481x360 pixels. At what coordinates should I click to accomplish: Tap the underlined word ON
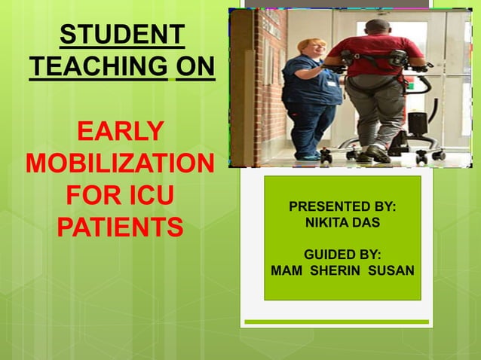coord(195,68)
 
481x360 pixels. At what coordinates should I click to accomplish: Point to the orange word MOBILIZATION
coord(120,163)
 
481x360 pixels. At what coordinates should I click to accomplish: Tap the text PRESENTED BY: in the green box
coord(342,206)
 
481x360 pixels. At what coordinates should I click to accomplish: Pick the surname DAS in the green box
coord(369,223)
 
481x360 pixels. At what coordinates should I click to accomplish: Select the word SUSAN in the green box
coord(391,270)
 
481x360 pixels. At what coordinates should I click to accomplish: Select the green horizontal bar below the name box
coord(336,322)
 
